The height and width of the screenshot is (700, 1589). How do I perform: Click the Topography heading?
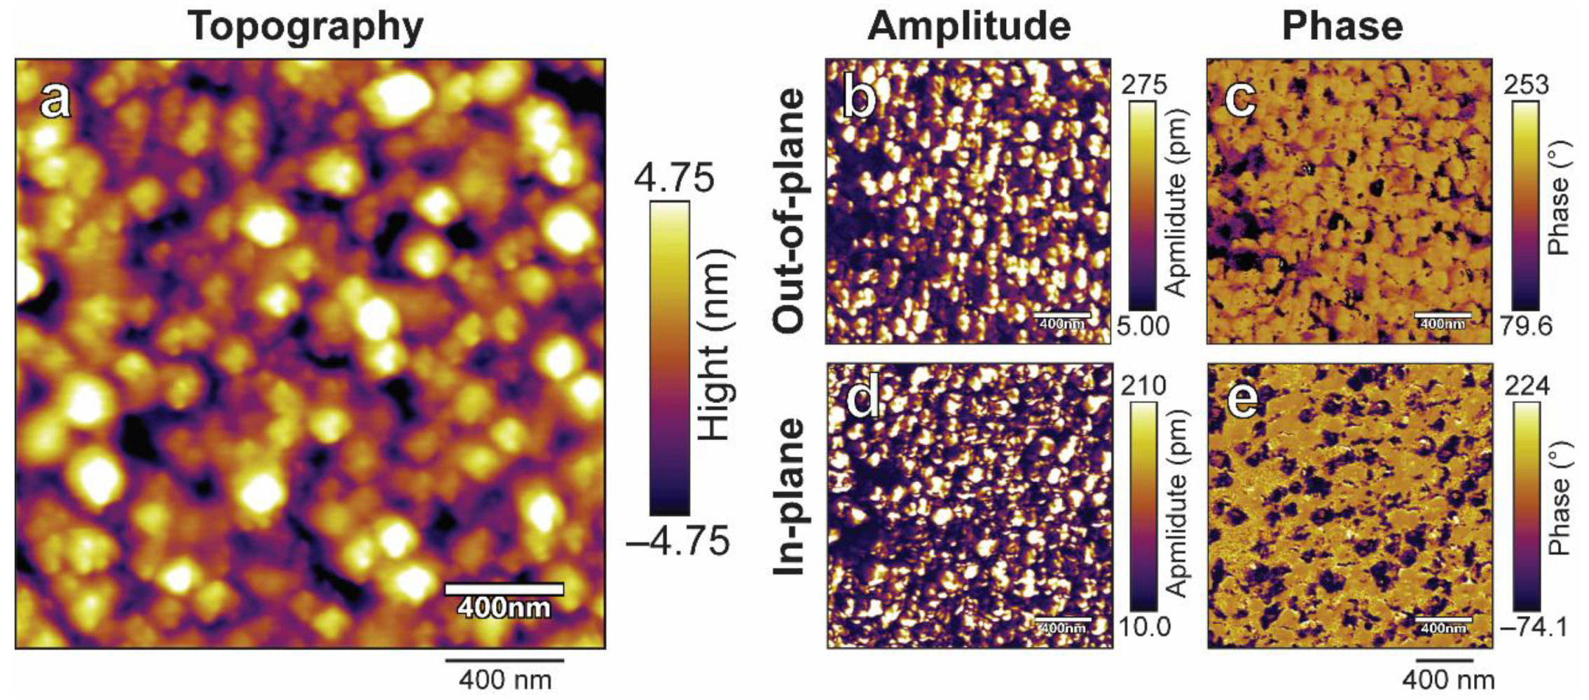(x=305, y=27)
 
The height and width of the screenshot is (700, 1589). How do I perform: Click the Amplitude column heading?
(x=969, y=27)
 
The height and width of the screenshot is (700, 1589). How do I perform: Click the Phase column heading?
(x=1342, y=27)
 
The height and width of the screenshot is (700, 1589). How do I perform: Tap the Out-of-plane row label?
(x=790, y=210)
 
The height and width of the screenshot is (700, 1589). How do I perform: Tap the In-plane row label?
(x=790, y=497)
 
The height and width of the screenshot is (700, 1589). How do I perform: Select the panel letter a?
(x=55, y=99)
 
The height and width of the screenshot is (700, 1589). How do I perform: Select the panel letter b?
(x=858, y=98)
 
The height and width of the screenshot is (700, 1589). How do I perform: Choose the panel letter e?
(x=1242, y=399)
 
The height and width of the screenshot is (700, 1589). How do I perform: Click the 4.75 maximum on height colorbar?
(x=674, y=178)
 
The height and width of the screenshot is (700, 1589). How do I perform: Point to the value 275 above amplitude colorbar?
(x=1144, y=85)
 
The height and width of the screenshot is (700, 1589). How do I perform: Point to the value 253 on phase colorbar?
(x=1526, y=85)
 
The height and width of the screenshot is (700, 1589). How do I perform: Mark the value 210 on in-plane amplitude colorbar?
(x=1143, y=385)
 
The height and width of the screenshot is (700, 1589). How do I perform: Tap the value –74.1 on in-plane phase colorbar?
(x=1534, y=627)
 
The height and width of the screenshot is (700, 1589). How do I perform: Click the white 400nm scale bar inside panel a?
(x=504, y=589)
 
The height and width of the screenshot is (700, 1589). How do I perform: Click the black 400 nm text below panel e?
(x=1448, y=680)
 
